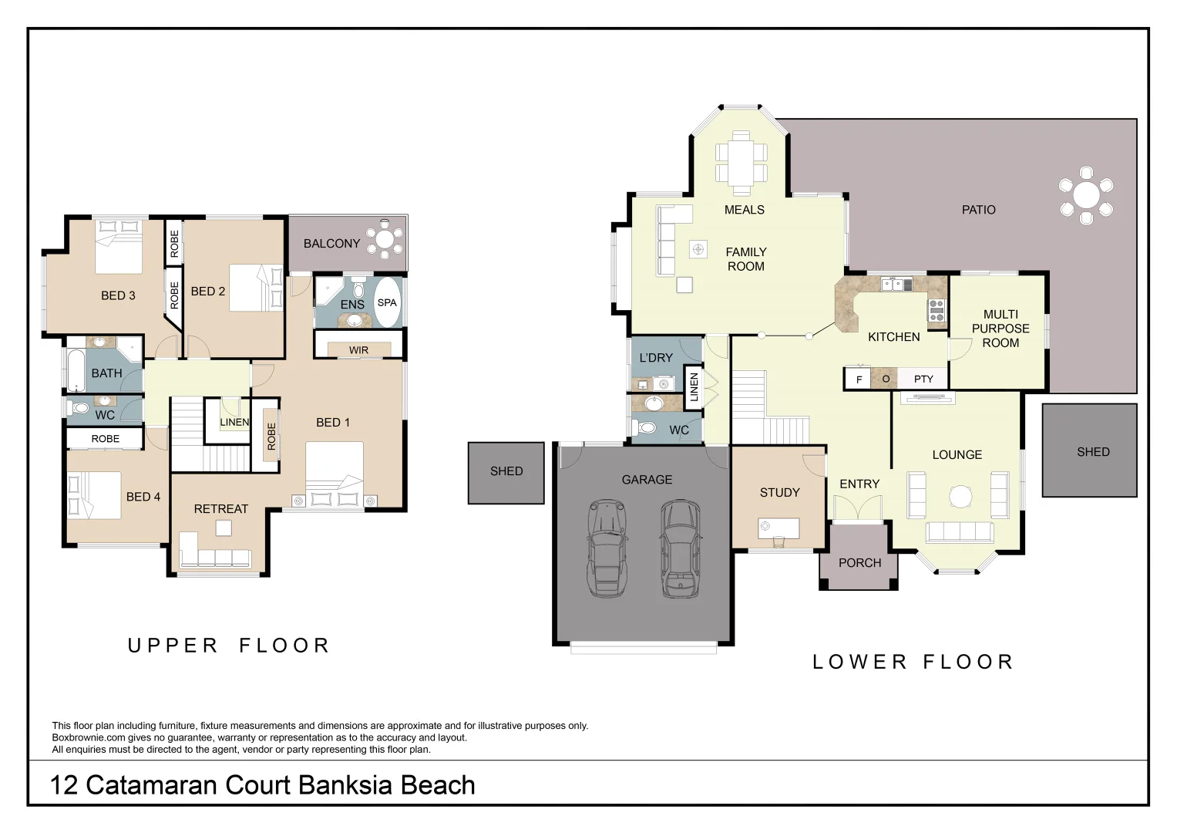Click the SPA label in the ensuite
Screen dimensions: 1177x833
[x=387, y=302]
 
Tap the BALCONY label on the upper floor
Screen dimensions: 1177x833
[x=331, y=244]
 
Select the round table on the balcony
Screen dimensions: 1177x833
[x=385, y=240]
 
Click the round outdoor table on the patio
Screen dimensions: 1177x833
[x=1086, y=196]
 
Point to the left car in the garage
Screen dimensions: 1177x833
[x=607, y=548]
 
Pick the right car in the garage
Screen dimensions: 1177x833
[x=681, y=548]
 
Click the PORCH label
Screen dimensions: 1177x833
[x=859, y=563]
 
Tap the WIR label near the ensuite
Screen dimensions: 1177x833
[x=359, y=350]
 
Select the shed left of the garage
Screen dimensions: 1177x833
[x=506, y=473]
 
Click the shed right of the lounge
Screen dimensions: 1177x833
[x=1089, y=450]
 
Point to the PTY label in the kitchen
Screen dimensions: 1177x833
[x=923, y=379]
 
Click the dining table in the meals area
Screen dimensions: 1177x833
[x=742, y=163]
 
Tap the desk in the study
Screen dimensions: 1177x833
[x=779, y=528]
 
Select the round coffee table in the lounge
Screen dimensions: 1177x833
[x=960, y=497]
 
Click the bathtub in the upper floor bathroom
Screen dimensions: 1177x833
[x=76, y=370]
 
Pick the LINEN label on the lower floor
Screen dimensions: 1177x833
[x=694, y=387]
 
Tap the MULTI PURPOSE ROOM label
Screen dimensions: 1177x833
[x=1000, y=329]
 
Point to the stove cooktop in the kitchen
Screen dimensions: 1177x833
[x=937, y=310]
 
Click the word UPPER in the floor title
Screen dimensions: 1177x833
[x=173, y=646]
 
